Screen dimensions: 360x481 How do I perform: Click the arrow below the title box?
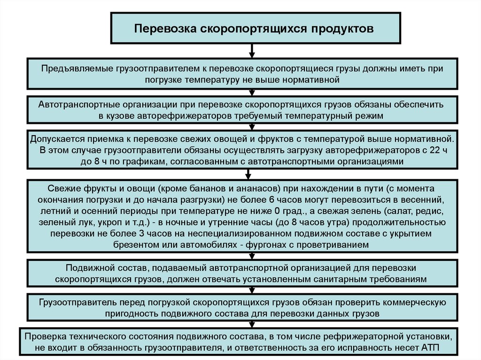tap(253, 50)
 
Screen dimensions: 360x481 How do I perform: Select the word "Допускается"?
tap(56, 139)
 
